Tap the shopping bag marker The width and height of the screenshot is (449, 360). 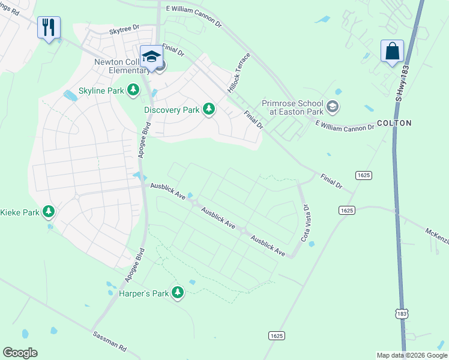[392, 51]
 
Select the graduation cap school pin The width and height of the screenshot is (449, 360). [151, 57]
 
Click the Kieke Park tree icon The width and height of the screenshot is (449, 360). [49, 212]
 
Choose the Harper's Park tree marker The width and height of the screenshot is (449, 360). [178, 292]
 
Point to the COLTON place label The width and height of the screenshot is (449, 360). [394, 123]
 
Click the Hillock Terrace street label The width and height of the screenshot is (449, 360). [238, 75]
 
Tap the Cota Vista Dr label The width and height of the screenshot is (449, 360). [306, 223]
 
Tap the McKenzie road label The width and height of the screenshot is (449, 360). [436, 235]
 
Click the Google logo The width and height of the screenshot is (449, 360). [20, 353]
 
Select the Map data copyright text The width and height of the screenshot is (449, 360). [411, 355]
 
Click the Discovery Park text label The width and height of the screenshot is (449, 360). [172, 110]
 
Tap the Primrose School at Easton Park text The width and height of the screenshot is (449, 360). [293, 107]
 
